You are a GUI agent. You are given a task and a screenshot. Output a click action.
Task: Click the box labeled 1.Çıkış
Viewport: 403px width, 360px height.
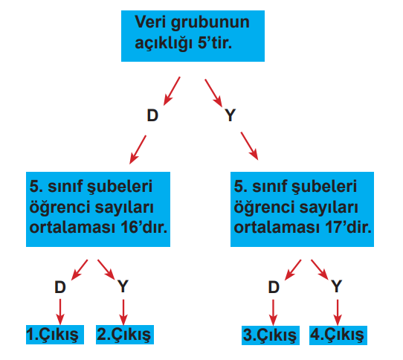[x=55, y=335]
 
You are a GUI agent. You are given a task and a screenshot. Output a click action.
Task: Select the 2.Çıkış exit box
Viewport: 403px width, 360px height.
[x=125, y=335]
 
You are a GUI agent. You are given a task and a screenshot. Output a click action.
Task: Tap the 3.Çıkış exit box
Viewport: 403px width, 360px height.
[x=271, y=335]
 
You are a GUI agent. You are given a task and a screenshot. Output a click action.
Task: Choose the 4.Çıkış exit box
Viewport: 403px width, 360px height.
[x=338, y=335]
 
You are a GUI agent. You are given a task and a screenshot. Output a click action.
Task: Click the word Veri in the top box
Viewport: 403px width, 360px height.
[x=151, y=22]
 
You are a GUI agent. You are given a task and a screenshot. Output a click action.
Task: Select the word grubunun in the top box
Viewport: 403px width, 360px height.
[x=210, y=23]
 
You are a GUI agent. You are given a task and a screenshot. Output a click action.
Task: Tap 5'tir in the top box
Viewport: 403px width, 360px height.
[x=215, y=42]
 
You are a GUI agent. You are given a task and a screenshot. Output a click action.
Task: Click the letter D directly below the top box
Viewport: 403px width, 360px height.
[x=152, y=115]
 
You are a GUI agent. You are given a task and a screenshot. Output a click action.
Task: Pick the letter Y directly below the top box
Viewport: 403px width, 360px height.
[x=230, y=115]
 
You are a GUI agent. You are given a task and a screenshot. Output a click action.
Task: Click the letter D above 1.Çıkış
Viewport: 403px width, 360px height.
[x=60, y=287]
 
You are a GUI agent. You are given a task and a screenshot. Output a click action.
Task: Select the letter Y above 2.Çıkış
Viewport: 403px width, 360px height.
[x=123, y=286]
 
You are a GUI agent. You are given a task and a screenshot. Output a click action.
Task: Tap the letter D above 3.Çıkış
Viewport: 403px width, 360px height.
[x=274, y=287]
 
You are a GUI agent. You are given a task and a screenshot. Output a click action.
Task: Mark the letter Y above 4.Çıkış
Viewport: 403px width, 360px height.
[x=336, y=286]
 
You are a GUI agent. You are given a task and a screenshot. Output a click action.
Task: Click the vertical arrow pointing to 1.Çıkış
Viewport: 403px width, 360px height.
[x=60, y=312]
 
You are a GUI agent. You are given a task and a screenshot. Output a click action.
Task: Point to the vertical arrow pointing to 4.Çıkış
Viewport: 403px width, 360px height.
[x=338, y=312]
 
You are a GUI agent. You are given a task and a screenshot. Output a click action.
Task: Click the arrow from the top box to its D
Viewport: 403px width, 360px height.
[x=172, y=91]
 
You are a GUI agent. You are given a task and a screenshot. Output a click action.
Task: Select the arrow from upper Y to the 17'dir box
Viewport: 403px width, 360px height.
[x=249, y=146]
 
